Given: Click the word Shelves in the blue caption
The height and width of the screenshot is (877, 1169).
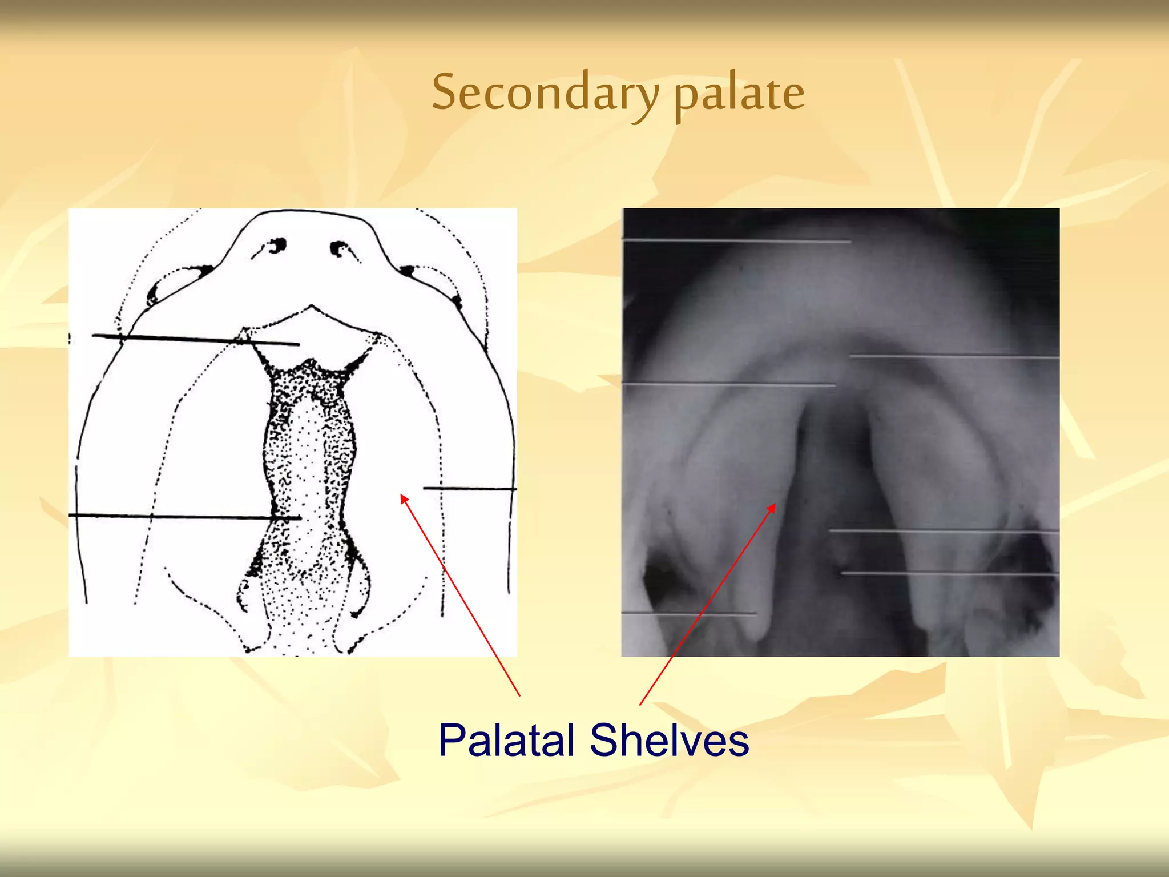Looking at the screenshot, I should [669, 741].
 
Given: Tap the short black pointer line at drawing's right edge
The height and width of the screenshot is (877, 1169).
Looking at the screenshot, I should [469, 489].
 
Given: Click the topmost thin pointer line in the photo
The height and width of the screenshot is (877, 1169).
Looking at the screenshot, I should [736, 242].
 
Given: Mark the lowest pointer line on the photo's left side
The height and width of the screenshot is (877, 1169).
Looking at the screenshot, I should [688, 614].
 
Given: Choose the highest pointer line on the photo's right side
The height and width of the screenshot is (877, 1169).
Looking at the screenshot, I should [953, 357].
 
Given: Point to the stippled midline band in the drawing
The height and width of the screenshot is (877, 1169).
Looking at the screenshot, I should [308, 485].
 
